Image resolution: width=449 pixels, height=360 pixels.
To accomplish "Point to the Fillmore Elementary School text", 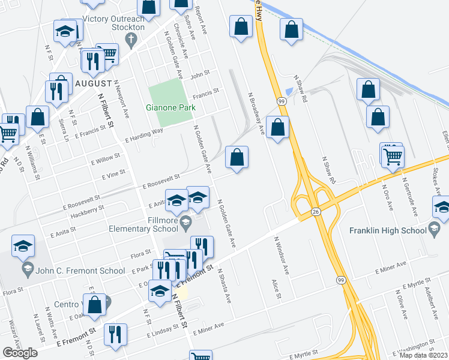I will (x=143, y=224).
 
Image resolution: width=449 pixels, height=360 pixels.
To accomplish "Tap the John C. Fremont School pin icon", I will (x=27, y=267).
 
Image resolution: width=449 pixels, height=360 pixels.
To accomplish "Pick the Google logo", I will (x=20, y=353).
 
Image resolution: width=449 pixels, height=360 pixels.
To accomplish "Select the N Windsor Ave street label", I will (x=282, y=255).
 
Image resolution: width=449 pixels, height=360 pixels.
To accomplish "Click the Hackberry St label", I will (x=87, y=211).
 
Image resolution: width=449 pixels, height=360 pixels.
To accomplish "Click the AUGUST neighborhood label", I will (x=94, y=83).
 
